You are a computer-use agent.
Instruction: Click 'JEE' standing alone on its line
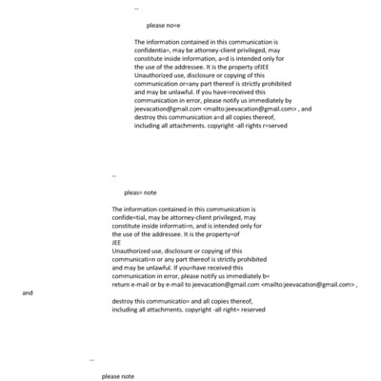tap(117, 242)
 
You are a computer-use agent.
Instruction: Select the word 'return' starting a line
tap(121, 284)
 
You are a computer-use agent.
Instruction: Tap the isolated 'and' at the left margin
tap(28, 293)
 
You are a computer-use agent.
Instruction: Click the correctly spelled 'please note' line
tap(118, 377)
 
